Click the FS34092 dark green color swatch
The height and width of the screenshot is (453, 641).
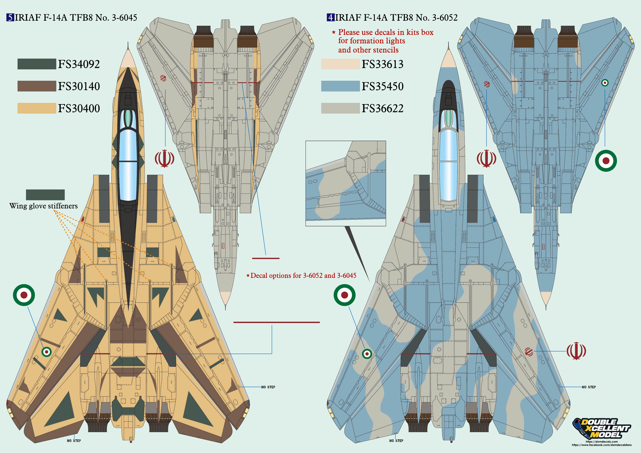coord(37,64)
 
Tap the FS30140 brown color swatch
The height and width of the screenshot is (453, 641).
coord(37,86)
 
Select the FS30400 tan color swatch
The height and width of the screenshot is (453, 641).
coord(37,108)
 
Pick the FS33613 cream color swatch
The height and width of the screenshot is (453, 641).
coord(340,64)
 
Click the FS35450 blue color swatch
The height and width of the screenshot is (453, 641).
coord(340,86)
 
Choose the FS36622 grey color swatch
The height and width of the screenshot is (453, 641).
coord(340,108)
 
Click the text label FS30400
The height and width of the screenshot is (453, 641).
coord(79,108)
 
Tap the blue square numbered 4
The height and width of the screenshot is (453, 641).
coord(331,18)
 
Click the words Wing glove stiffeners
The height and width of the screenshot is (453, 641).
coord(43,206)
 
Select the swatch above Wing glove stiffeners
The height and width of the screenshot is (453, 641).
coord(45,195)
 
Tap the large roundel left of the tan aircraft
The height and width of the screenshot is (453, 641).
coord(24,295)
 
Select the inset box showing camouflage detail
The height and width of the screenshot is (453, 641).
coord(346,183)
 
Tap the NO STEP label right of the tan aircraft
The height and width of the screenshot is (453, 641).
coord(268,387)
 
